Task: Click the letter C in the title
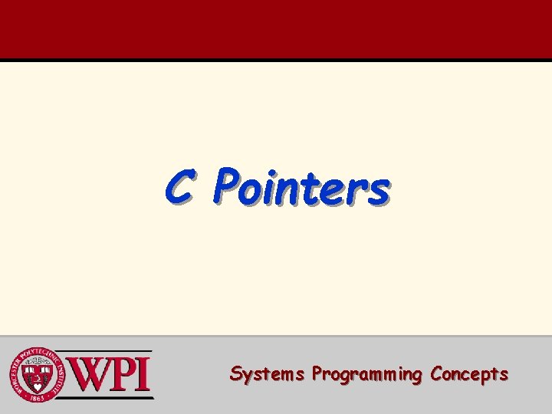(x=178, y=187)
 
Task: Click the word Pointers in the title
(x=302, y=188)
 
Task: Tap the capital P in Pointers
(x=228, y=186)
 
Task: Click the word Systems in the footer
(x=267, y=374)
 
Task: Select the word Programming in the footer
(x=367, y=375)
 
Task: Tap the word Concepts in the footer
(x=469, y=375)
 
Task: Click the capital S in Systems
(x=236, y=374)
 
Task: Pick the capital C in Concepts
(x=437, y=374)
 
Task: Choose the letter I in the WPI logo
(x=144, y=375)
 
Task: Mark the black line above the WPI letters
(x=112, y=352)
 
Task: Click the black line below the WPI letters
(x=112, y=397)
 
